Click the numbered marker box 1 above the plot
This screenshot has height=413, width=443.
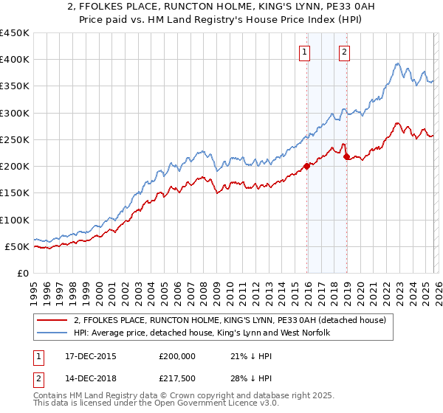pos(305,52)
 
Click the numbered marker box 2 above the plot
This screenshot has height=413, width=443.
pos(345,52)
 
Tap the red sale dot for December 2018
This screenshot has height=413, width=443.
pos(346,156)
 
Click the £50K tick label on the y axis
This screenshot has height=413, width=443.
pos(17,246)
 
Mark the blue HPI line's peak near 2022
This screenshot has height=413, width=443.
pos(396,64)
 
